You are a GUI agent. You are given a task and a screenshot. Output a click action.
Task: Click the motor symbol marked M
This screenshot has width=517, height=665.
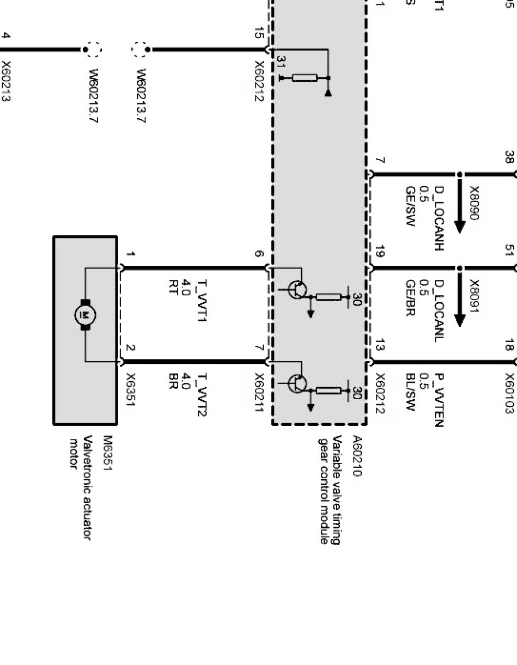click(x=85, y=315)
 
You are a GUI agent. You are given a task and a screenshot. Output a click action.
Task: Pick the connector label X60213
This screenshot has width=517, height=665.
click(x=7, y=81)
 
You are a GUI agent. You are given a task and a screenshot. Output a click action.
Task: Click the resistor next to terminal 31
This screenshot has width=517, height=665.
click(x=305, y=78)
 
